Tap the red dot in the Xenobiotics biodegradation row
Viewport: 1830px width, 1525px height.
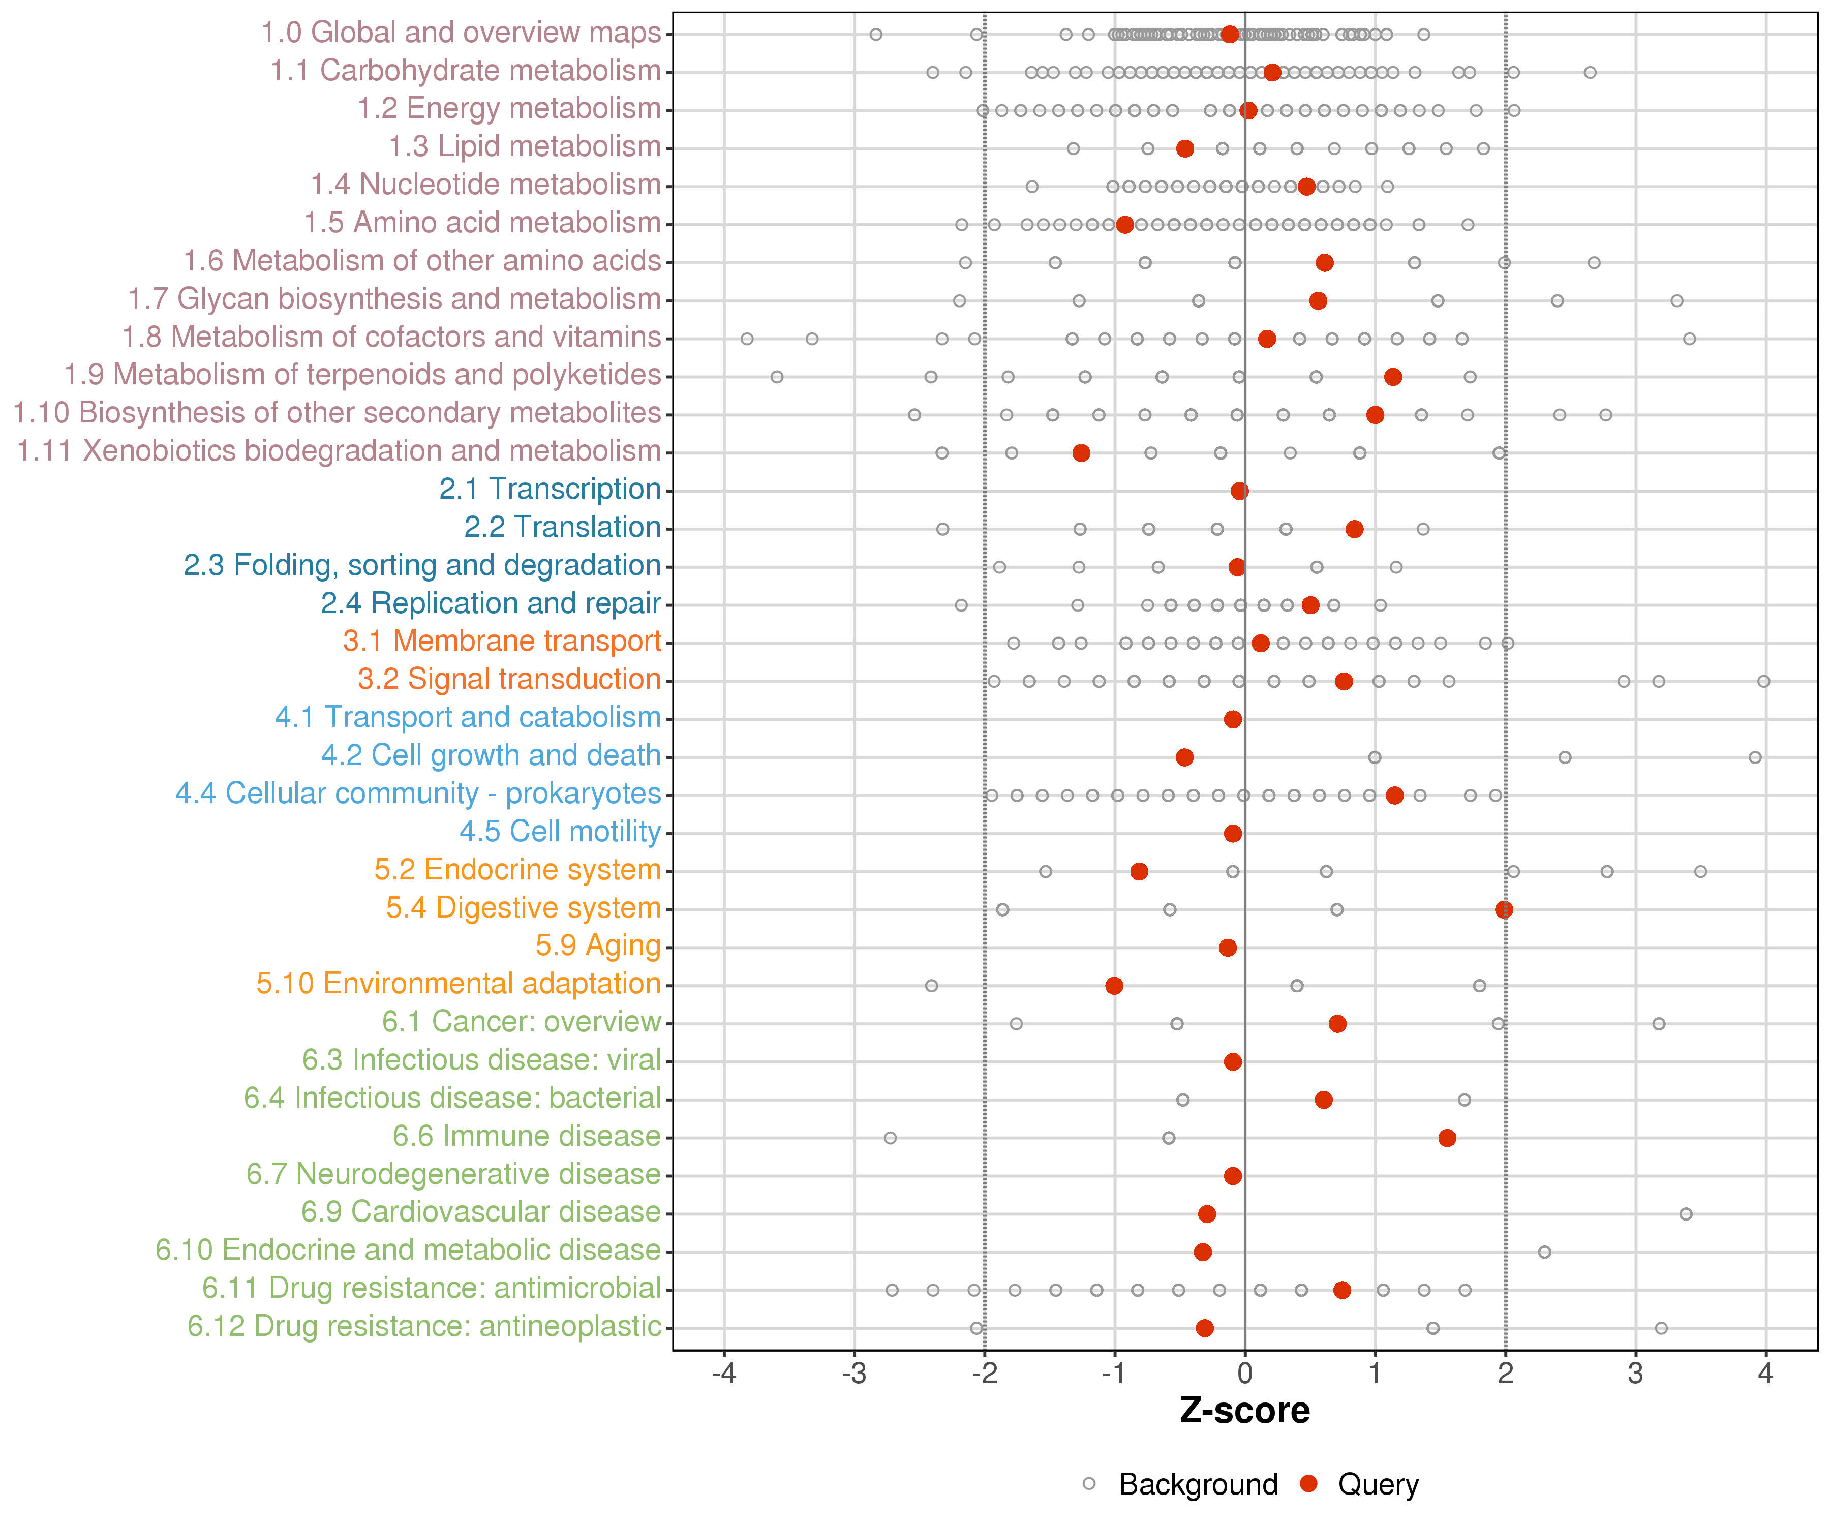1081,453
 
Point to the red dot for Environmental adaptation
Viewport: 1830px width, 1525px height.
1114,986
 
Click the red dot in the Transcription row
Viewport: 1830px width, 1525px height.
1239,491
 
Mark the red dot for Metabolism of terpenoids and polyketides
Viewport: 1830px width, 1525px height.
1392,377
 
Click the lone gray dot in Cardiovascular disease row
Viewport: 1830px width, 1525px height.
1685,1214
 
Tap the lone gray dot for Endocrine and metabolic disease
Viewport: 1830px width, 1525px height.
1544,1252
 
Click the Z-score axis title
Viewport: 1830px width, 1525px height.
1244,1411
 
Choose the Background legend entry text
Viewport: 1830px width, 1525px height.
1198,1484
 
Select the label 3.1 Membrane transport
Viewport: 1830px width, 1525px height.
502,642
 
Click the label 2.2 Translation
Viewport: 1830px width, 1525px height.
562,527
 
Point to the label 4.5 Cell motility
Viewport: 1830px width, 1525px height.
560,831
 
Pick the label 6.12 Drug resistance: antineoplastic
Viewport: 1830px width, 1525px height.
424,1326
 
